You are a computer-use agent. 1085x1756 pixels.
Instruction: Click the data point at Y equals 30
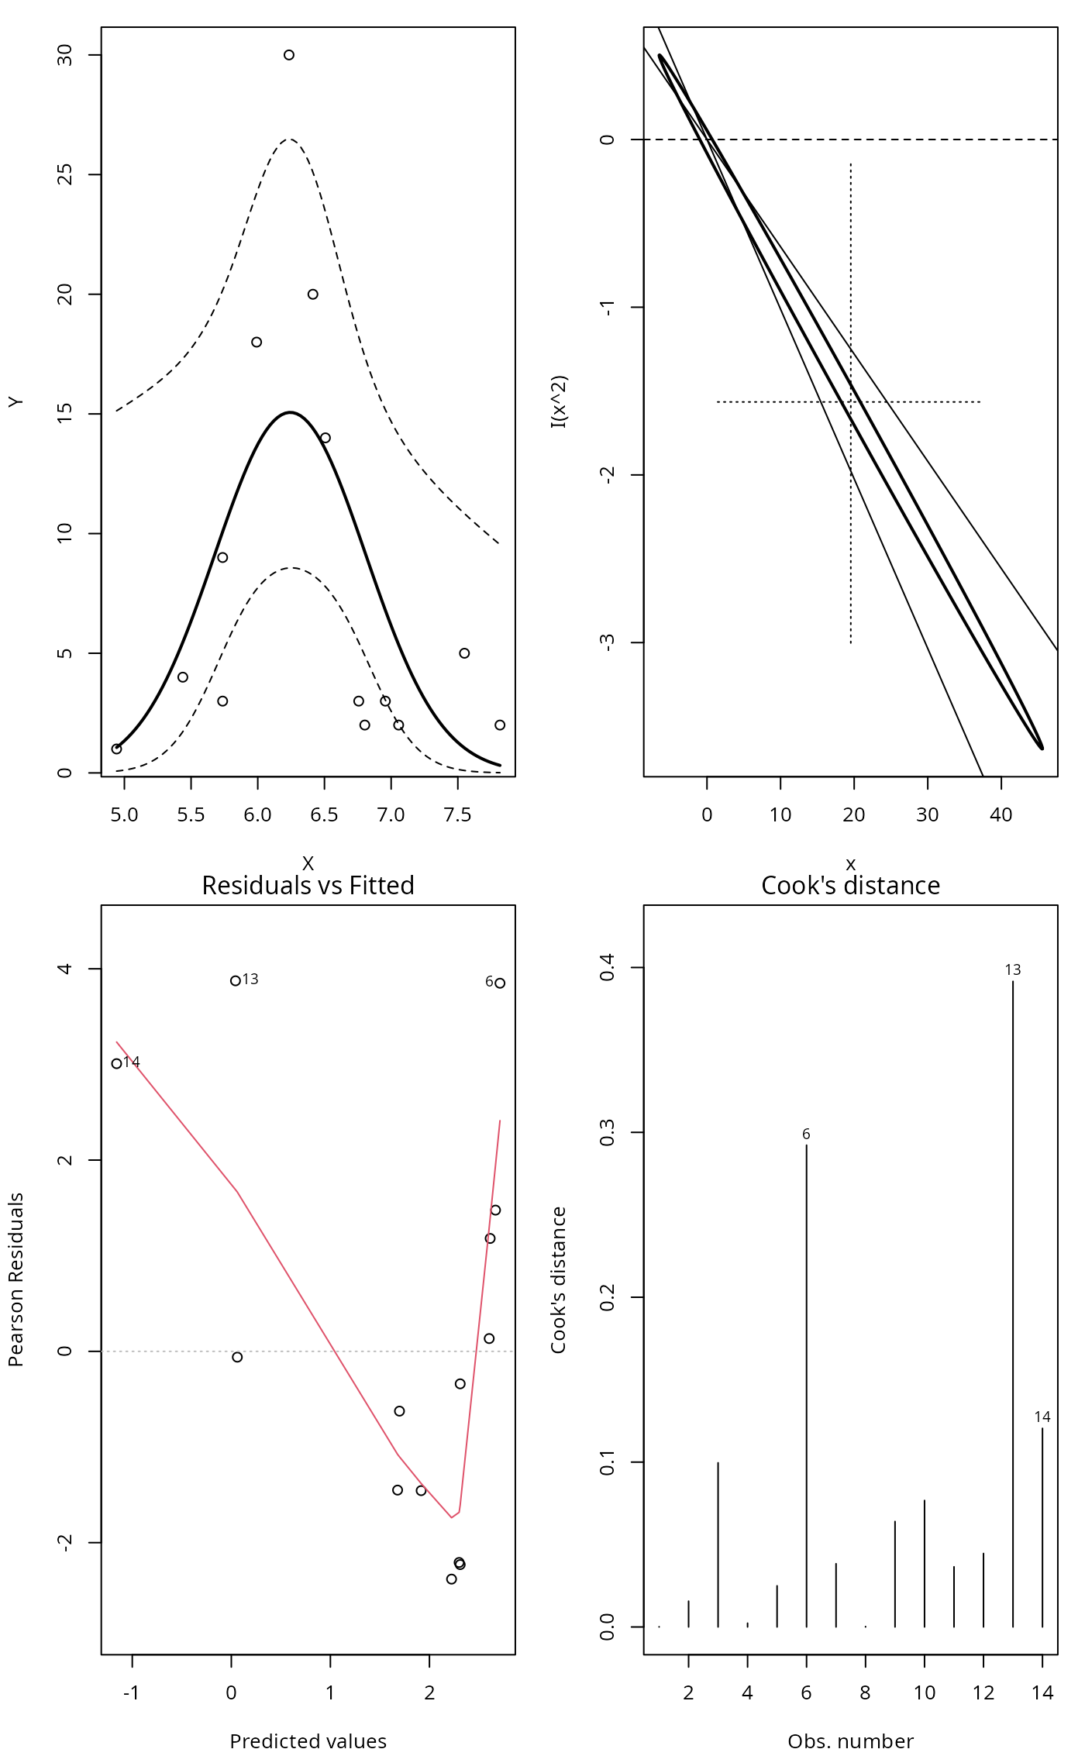pos(289,55)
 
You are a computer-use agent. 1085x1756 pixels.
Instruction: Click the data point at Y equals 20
pos(313,294)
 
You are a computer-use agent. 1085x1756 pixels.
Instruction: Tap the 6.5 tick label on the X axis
pos(324,815)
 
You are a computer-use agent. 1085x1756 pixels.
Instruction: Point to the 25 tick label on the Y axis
pos(65,174)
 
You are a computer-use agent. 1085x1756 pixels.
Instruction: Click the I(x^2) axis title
pos(559,401)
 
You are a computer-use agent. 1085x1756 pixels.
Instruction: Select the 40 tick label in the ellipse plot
pos(1001,815)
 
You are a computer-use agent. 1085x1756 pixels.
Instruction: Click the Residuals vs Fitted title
pos(308,885)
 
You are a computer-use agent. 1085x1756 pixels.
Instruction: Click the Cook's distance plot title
pos(850,885)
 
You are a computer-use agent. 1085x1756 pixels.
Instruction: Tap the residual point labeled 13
pos(236,981)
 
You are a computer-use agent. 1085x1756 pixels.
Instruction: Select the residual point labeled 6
pos(500,983)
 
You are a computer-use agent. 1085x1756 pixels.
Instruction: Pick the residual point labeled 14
pos(117,1064)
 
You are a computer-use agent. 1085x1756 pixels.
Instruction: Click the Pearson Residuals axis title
pos(16,1279)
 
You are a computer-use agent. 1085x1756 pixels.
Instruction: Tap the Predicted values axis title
pos(308,1741)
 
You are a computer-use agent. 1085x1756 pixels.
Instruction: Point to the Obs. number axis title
pos(850,1741)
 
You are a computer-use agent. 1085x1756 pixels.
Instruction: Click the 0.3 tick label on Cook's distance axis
pos(608,1133)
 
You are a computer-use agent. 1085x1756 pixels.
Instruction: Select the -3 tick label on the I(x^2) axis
pos(608,642)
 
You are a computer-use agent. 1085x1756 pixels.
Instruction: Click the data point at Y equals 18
pos(257,343)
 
